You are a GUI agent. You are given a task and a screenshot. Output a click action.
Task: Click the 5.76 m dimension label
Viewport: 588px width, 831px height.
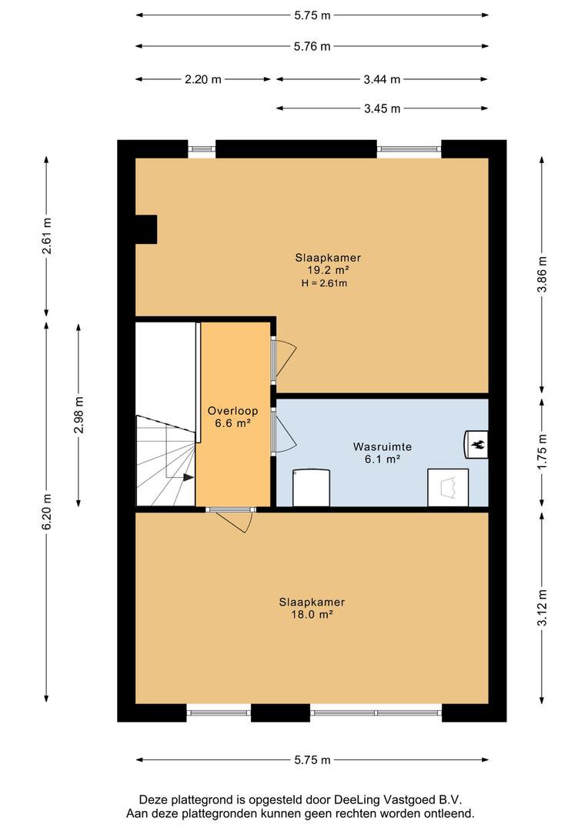pyautogui.click(x=312, y=47)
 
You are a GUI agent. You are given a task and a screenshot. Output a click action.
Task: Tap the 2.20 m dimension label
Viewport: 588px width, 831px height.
pyautogui.click(x=203, y=79)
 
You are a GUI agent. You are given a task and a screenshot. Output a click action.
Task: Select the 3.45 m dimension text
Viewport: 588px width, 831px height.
pyautogui.click(x=382, y=108)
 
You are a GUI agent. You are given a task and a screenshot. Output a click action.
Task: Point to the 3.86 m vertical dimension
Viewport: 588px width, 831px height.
pyautogui.click(x=541, y=274)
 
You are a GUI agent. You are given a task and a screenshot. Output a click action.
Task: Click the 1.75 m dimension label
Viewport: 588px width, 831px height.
pyautogui.click(x=541, y=452)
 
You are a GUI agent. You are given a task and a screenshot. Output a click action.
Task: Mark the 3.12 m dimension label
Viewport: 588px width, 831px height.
pyautogui.click(x=541, y=607)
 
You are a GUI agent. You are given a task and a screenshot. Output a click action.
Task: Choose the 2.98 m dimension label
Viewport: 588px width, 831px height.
pyautogui.click(x=79, y=415)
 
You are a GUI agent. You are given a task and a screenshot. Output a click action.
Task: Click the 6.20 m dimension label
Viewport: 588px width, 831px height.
pyautogui.click(x=47, y=512)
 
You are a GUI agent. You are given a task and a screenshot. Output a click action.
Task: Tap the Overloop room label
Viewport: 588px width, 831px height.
pyautogui.click(x=232, y=411)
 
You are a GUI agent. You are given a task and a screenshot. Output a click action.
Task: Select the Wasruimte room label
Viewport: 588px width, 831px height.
pyautogui.click(x=383, y=447)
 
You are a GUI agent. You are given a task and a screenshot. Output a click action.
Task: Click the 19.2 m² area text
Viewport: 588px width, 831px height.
pyautogui.click(x=328, y=270)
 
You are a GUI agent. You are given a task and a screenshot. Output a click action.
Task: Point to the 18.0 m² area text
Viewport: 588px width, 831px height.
pyautogui.click(x=312, y=615)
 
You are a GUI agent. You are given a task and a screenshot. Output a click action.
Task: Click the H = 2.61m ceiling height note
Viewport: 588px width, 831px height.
pyautogui.click(x=325, y=283)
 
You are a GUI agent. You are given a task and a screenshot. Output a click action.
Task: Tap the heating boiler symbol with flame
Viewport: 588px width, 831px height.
pyautogui.click(x=476, y=444)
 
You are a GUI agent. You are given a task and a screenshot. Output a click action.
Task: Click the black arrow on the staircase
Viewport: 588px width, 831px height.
pyautogui.click(x=189, y=478)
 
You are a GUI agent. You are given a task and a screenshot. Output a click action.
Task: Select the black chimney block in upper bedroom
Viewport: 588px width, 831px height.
pyautogui.click(x=146, y=229)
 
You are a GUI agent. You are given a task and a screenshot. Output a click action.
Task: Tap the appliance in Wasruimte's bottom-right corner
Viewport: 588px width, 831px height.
pyautogui.click(x=448, y=487)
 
